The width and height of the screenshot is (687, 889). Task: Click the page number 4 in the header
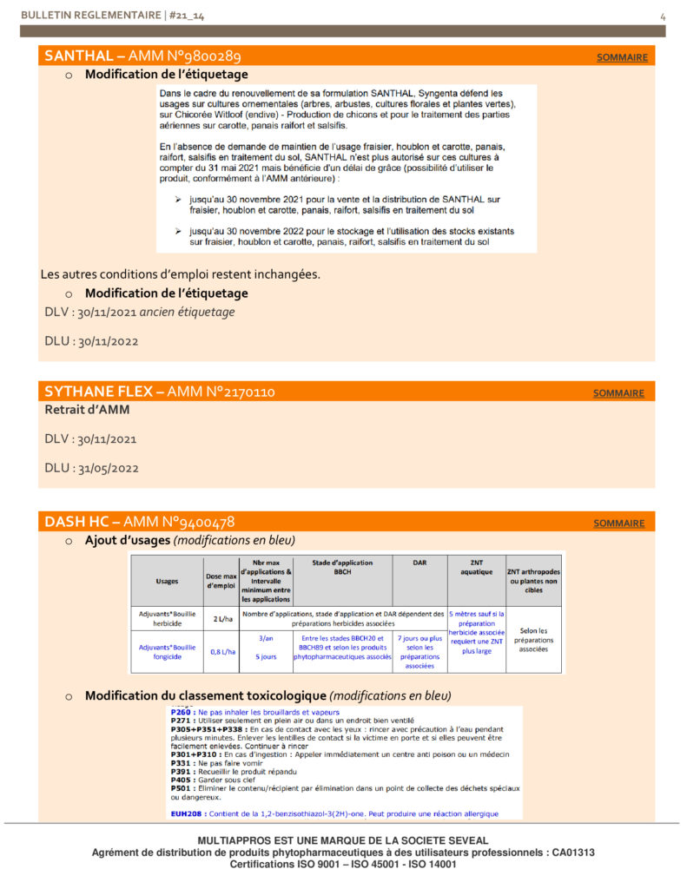663,16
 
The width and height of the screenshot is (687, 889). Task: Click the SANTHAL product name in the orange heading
78,56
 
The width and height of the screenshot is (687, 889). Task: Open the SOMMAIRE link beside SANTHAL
622,58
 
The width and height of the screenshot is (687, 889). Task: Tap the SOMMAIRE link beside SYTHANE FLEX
618,393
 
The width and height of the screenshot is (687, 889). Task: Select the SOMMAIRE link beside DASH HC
618,524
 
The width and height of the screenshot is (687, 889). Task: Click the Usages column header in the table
167,582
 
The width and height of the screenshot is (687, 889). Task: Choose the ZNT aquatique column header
476,568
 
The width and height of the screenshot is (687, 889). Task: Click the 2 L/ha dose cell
221,619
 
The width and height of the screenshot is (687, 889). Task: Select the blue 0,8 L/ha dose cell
221,651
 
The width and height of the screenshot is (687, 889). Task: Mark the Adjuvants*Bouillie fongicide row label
167,651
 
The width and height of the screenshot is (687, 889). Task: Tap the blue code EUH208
185,814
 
